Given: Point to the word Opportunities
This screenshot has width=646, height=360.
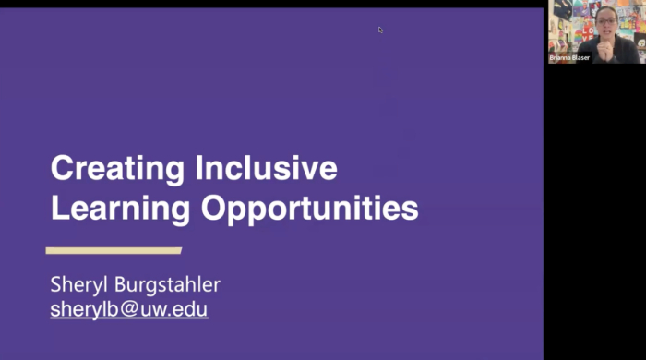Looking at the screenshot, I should (310, 210).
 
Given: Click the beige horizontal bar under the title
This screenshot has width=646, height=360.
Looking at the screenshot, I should (114, 250).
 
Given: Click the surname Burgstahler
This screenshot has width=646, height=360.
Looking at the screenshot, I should (171, 282).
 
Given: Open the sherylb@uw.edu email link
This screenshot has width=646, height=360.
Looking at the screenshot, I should (129, 309).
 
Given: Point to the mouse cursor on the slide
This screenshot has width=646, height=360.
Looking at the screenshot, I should (380, 30).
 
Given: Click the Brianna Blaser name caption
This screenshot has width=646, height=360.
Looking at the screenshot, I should (569, 57).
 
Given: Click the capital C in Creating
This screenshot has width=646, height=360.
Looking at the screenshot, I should (61, 169).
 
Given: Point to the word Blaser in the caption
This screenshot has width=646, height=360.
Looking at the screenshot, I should (580, 57).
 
